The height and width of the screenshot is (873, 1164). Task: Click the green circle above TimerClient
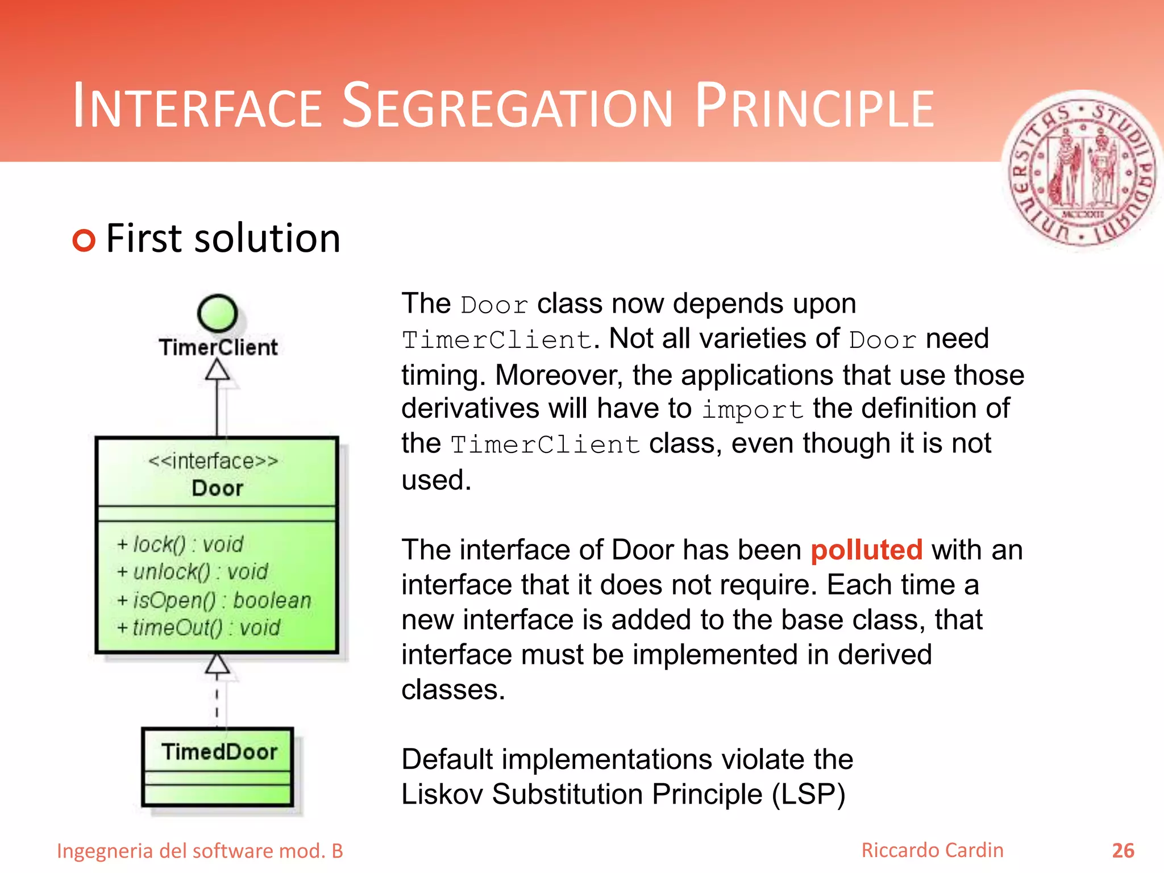click(x=217, y=313)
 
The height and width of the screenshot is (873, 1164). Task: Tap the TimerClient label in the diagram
click(x=218, y=347)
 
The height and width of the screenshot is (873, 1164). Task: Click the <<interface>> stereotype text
click(x=213, y=461)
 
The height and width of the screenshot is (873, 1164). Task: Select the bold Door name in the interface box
click(x=217, y=488)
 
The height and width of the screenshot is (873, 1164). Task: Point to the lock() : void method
click(x=180, y=544)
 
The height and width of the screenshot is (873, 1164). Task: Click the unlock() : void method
click(x=192, y=572)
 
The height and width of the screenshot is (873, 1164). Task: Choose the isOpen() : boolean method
click(x=214, y=600)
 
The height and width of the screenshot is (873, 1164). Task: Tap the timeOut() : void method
click(x=198, y=627)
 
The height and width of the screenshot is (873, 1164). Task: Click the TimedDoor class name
click(x=219, y=752)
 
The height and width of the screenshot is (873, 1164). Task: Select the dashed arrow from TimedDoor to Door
click(x=217, y=699)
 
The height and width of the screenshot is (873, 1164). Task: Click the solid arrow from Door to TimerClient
click(x=217, y=404)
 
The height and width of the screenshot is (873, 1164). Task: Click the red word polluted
click(x=866, y=550)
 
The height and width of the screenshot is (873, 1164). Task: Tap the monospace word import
click(x=752, y=410)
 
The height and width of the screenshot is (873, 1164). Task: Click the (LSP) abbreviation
click(x=808, y=795)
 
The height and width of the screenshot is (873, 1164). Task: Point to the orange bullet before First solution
click(x=84, y=240)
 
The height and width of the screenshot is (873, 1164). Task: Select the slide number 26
click(x=1123, y=851)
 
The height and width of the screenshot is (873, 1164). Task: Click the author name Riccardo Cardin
click(x=932, y=850)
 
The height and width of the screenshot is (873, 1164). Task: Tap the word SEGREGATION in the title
click(x=508, y=107)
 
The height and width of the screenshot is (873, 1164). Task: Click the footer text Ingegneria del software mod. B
click(x=200, y=851)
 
